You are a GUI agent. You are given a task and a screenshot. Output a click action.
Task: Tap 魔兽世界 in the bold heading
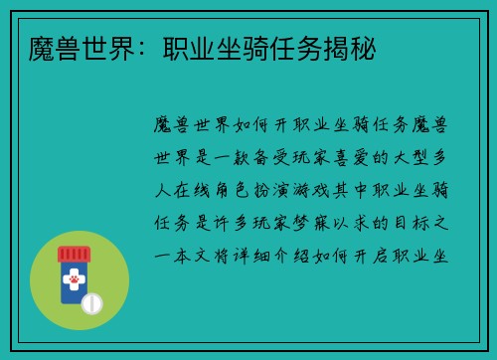[x=66, y=47]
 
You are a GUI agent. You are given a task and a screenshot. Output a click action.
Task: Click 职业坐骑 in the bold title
[x=189, y=47]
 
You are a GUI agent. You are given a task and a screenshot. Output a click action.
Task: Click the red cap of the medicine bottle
[x=73, y=254]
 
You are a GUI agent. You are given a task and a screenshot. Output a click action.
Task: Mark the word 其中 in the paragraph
[x=363, y=190]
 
